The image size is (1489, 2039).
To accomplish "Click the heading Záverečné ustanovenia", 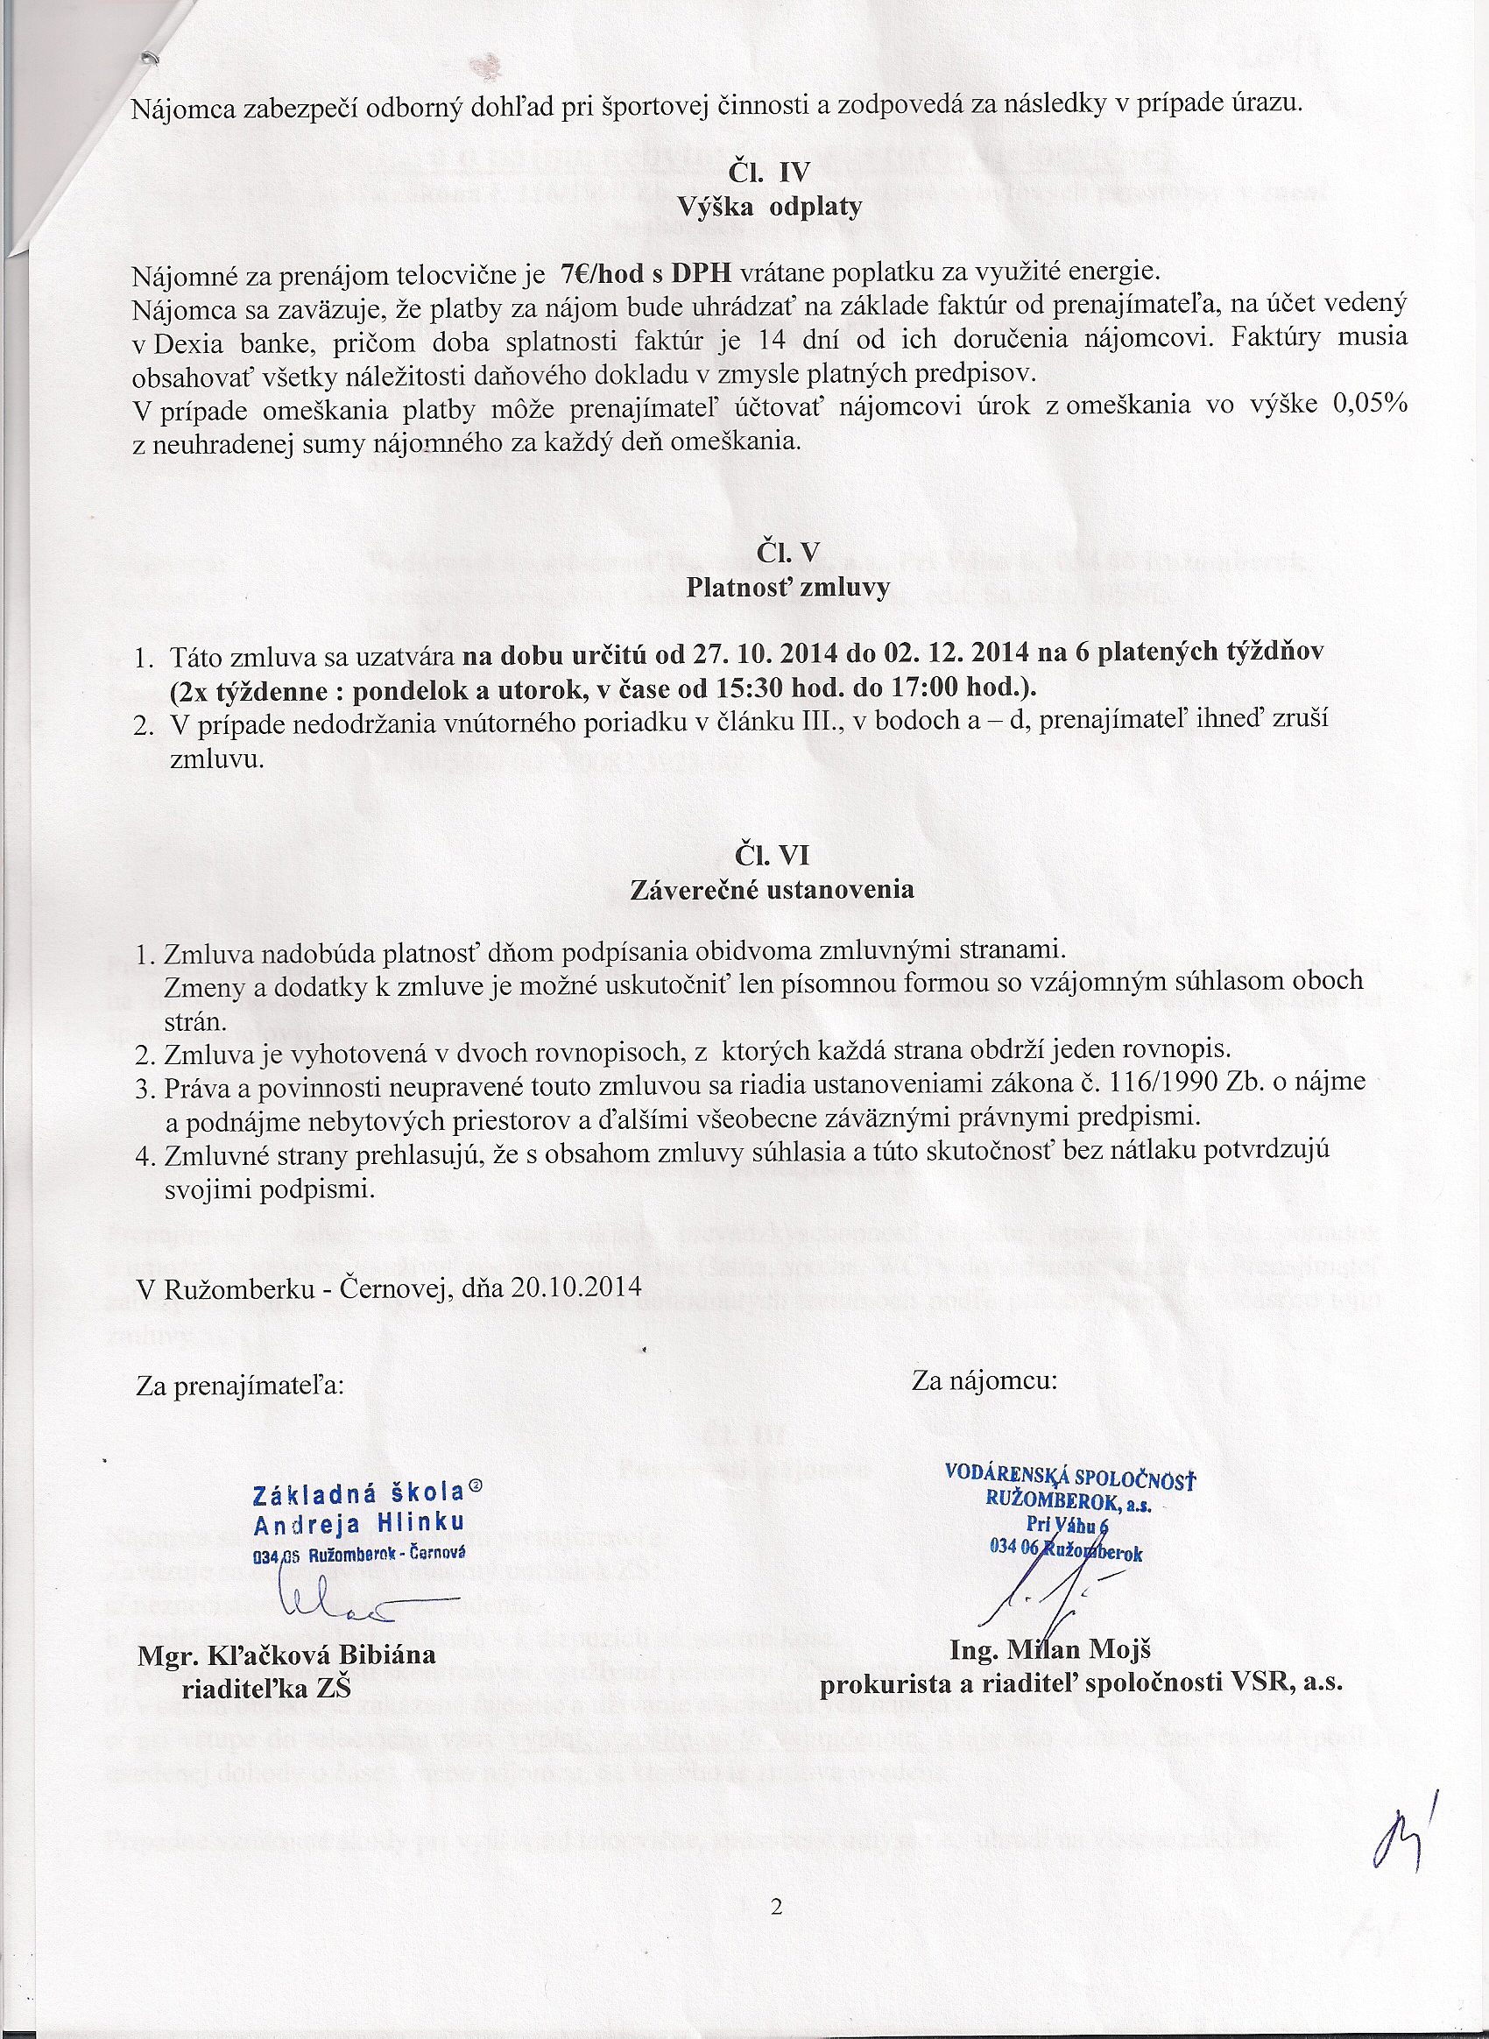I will click(772, 890).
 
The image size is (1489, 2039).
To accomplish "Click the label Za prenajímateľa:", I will click(240, 1385).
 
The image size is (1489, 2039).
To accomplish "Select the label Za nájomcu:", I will click(984, 1380).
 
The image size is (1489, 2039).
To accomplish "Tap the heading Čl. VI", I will click(772, 855).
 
